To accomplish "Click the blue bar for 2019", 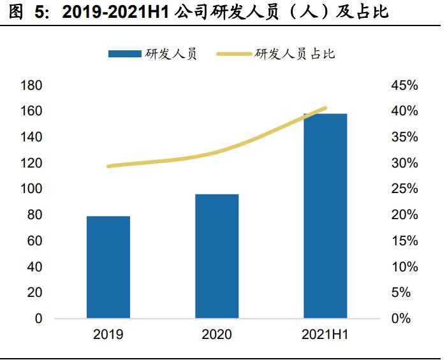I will [x=108, y=267].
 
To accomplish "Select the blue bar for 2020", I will [x=217, y=256].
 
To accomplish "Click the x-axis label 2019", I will [x=108, y=335].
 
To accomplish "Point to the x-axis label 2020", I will [x=217, y=335].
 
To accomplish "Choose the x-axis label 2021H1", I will [x=325, y=335].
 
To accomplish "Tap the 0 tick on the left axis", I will [x=39, y=319].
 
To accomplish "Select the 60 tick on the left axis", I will [x=35, y=241].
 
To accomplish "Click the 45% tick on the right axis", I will [x=404, y=85].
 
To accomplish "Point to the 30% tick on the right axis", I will [x=404, y=163].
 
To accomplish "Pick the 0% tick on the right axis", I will [x=401, y=319].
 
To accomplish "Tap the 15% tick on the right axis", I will [x=404, y=241].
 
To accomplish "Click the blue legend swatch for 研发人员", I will [x=124, y=54].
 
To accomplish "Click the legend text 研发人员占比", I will [x=295, y=54].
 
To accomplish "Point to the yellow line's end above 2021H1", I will [x=325, y=108].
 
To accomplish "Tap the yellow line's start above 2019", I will [x=108, y=166].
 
